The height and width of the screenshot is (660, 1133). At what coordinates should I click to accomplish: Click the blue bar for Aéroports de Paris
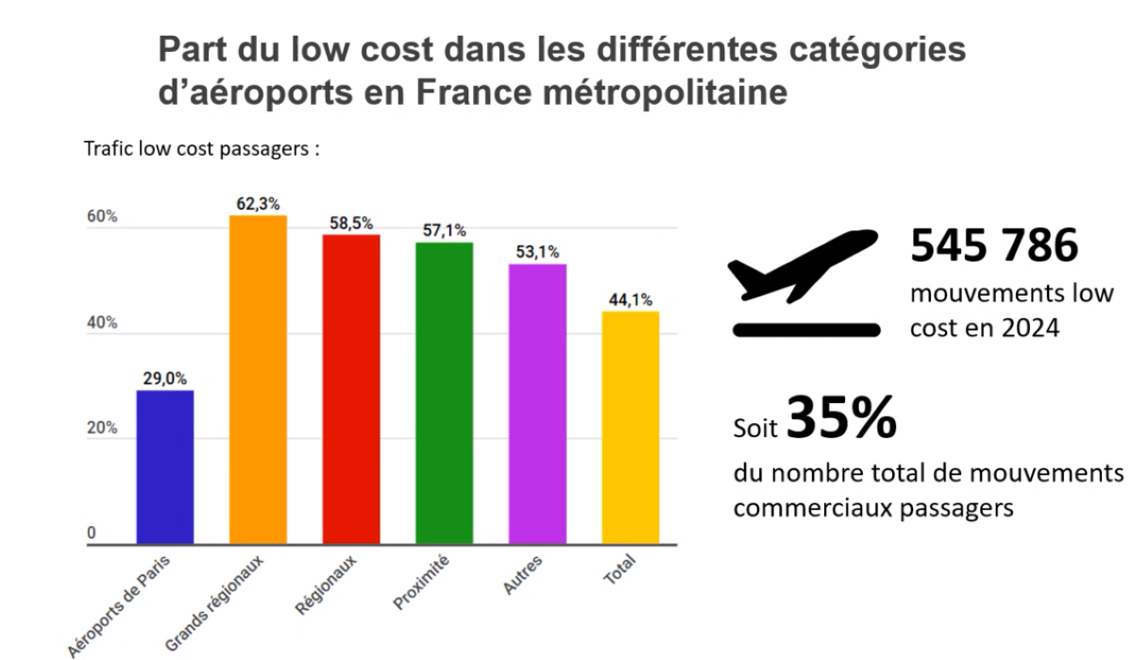point(165,466)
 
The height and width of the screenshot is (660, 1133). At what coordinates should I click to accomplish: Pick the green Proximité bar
point(444,393)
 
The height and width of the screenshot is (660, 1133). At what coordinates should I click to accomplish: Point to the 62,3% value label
point(259,203)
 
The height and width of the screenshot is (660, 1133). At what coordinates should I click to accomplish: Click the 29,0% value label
point(165,379)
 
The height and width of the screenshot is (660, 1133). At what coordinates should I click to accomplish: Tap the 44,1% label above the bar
point(630,300)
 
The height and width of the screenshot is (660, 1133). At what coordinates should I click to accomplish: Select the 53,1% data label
point(537,252)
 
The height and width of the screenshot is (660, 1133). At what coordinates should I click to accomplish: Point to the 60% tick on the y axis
point(102,217)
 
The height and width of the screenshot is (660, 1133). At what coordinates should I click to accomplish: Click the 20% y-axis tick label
point(102,429)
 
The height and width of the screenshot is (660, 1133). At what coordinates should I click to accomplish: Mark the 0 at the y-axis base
point(92,533)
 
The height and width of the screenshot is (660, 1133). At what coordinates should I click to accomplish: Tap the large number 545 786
point(994,245)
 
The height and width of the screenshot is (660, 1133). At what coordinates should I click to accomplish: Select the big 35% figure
point(841,420)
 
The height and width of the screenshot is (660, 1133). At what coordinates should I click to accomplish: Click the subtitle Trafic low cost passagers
point(201,150)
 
